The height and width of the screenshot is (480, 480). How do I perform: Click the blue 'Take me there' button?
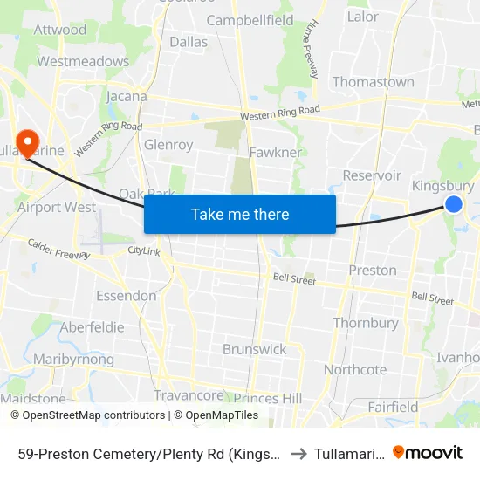coord(239,214)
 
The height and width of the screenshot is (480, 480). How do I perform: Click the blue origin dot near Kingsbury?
coord(454,204)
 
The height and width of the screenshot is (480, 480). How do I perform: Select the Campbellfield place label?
coord(250,19)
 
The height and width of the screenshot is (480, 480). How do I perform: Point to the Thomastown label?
coord(373,82)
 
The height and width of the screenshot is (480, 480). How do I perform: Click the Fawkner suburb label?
coord(275,152)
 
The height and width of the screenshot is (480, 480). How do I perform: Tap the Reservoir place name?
coord(372,175)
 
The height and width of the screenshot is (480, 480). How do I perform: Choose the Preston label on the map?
coord(373,270)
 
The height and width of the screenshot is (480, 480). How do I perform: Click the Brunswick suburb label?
coord(254,349)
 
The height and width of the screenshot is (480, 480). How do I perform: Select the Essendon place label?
coord(127,295)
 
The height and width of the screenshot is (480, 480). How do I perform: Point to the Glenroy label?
coord(168,145)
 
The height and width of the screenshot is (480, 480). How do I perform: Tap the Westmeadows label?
coord(83,61)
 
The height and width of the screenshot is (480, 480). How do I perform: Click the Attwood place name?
coord(60,30)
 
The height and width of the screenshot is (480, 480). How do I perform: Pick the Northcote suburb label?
coord(355,369)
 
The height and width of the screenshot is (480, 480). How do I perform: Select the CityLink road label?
coord(144,250)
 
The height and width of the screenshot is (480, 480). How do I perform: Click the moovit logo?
coord(428,452)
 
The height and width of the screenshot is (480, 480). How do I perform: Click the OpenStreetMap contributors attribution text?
coord(93,415)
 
